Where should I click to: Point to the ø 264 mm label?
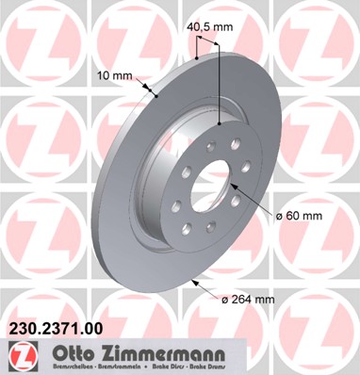click(248, 300)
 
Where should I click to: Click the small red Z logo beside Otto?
click(19, 355)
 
